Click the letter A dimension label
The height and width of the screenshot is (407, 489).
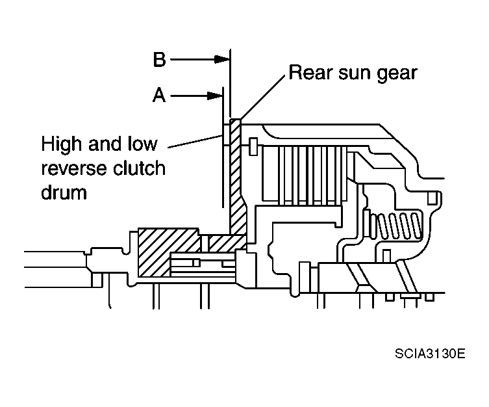(159, 96)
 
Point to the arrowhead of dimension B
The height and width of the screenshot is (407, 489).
(224, 60)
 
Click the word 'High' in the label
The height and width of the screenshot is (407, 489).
(61, 143)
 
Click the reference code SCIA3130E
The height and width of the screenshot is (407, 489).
(429, 354)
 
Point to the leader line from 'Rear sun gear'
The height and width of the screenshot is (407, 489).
(261, 98)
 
